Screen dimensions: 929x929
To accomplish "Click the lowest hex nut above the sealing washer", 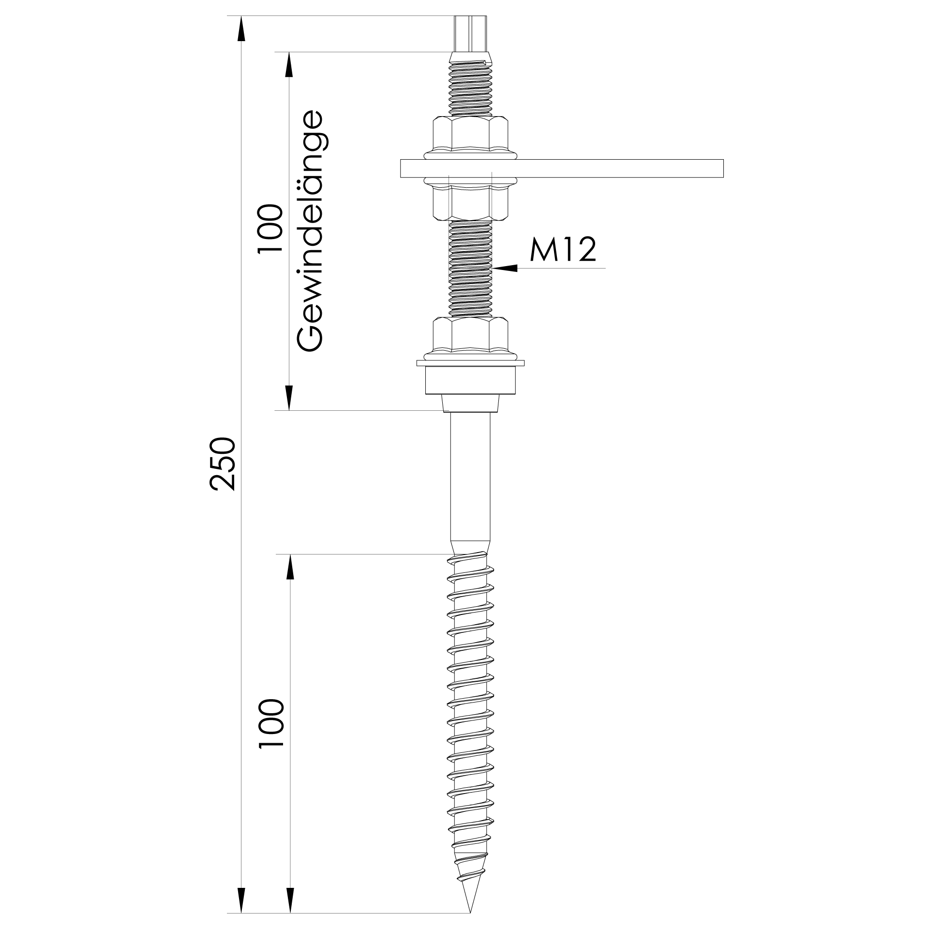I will coord(470,335).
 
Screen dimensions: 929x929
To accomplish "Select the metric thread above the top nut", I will coord(470,90).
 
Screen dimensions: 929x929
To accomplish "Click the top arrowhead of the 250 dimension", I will coord(241,29).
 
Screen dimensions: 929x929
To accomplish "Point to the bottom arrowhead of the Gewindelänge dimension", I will coord(289,398).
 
